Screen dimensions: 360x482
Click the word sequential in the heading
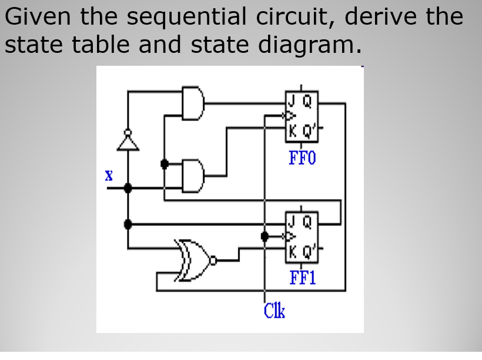186,18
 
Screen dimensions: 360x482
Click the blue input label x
108,176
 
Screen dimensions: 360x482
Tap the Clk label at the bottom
274,309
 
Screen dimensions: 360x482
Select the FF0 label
302,158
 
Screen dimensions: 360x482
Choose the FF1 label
302,277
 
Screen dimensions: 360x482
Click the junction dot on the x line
128,188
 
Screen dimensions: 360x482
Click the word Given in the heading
39,18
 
